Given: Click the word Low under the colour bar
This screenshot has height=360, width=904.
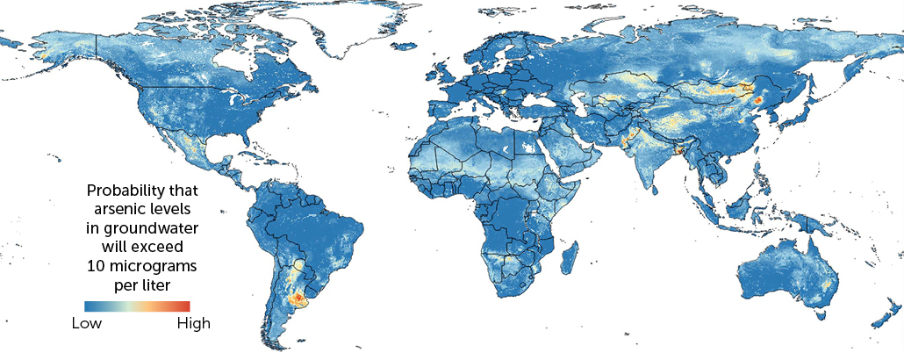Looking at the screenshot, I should (86, 323).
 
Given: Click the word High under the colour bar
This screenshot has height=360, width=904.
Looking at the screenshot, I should (193, 323).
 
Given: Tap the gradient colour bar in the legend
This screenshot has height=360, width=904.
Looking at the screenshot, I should (137, 306).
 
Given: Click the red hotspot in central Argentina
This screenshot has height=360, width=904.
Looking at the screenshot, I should (298, 299).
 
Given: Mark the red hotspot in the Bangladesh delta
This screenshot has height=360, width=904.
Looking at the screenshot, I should (678, 151).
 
